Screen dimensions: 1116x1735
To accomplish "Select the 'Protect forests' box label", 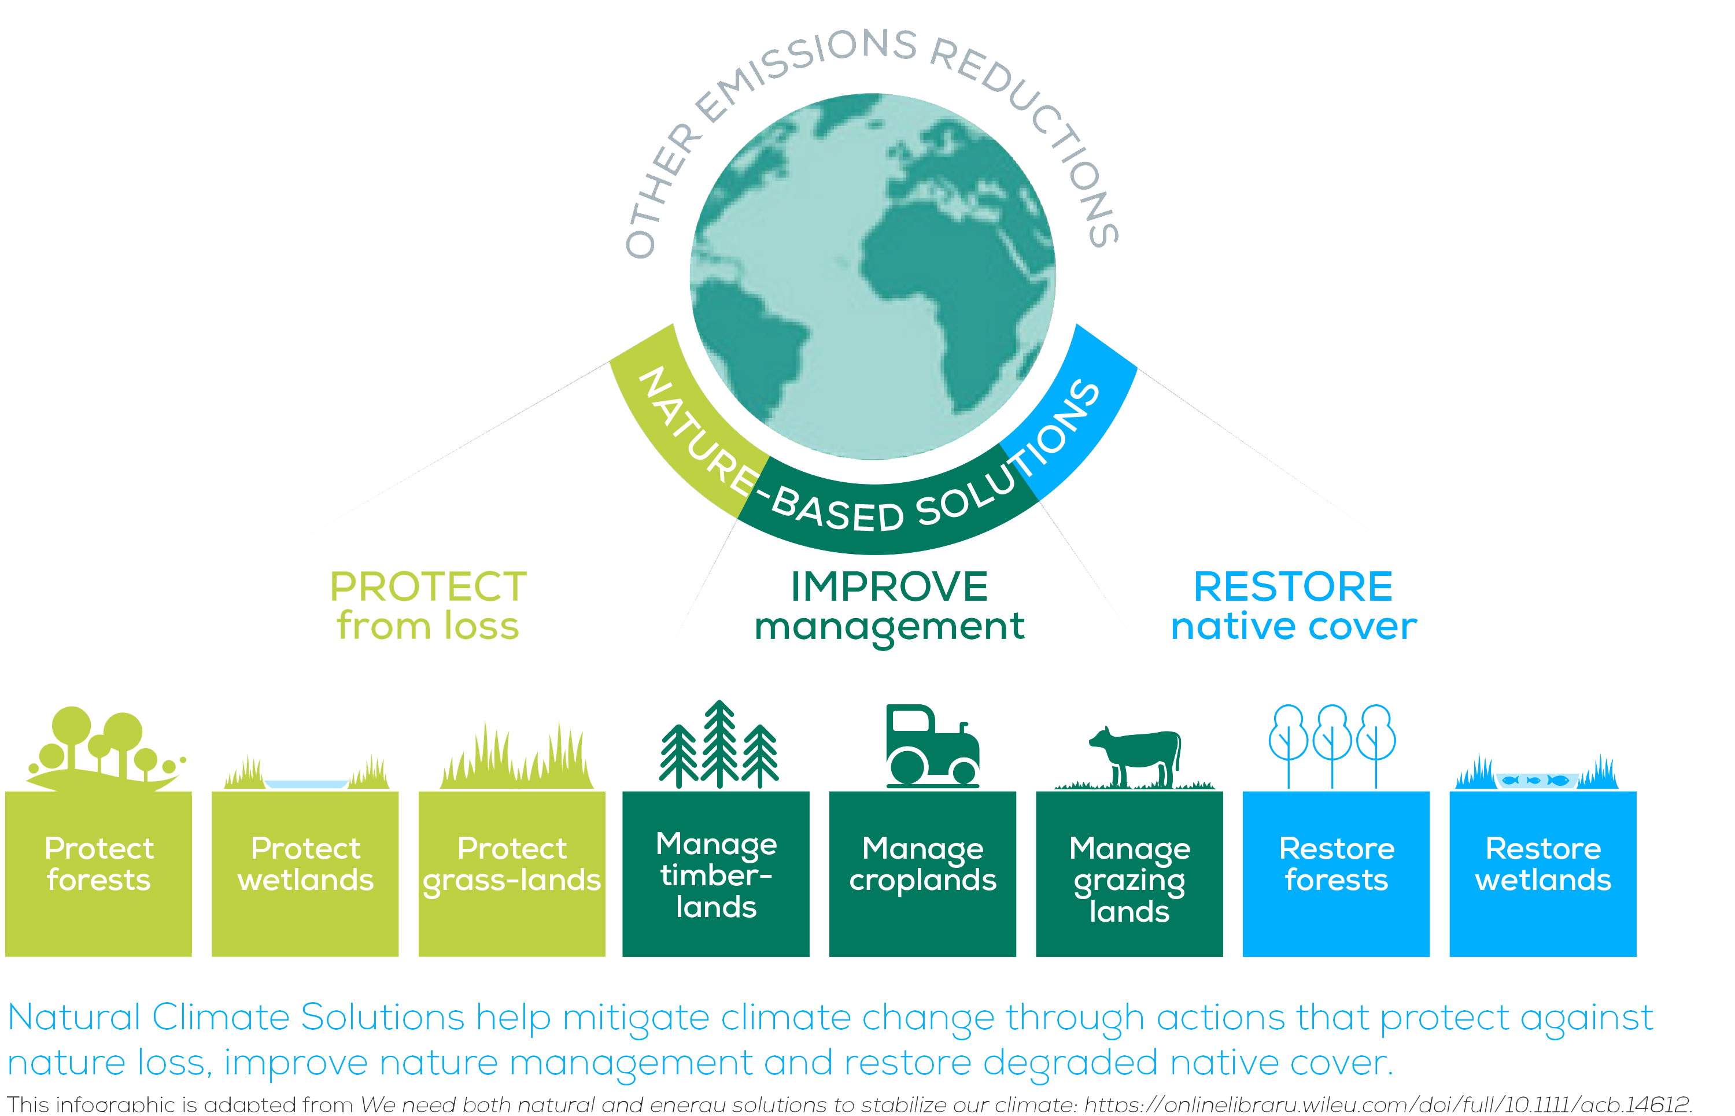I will point(98,864).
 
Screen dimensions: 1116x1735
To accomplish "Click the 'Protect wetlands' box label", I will point(305,864).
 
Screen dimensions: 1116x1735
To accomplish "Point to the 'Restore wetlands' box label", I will point(1542,864).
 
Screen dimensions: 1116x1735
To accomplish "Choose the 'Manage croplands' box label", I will point(922,864).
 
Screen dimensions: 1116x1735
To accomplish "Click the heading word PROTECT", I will point(427,587).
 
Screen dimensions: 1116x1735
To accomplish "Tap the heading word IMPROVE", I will point(889,587).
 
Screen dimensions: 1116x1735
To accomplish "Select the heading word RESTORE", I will point(1293,587).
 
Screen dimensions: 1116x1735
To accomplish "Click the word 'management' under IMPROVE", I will point(889,627).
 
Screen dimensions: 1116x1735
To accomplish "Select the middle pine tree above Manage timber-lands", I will point(719,743).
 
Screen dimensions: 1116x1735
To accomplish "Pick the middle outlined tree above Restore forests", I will point(1332,743).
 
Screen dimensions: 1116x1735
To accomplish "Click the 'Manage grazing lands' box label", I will point(1129,879).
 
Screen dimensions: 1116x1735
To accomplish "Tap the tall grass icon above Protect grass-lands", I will point(516,757).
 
